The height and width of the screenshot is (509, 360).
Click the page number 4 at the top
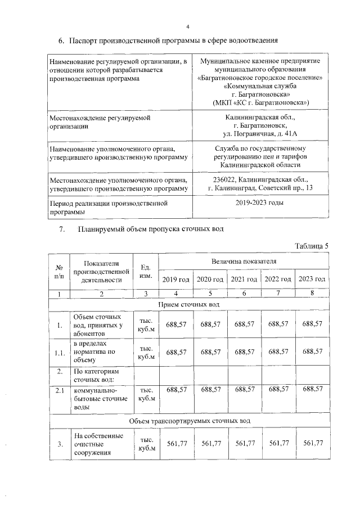click(188, 26)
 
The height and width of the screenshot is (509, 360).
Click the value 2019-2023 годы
click(259, 202)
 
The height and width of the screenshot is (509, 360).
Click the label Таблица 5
click(311, 246)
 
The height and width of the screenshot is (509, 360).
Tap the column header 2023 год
click(312, 279)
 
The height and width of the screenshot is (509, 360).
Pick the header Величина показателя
click(244, 262)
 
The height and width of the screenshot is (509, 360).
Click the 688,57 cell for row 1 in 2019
click(175, 324)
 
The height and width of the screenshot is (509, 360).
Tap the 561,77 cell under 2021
click(244, 444)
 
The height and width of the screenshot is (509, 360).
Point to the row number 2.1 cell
click(58, 389)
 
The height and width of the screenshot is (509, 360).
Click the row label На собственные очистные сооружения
click(96, 444)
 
